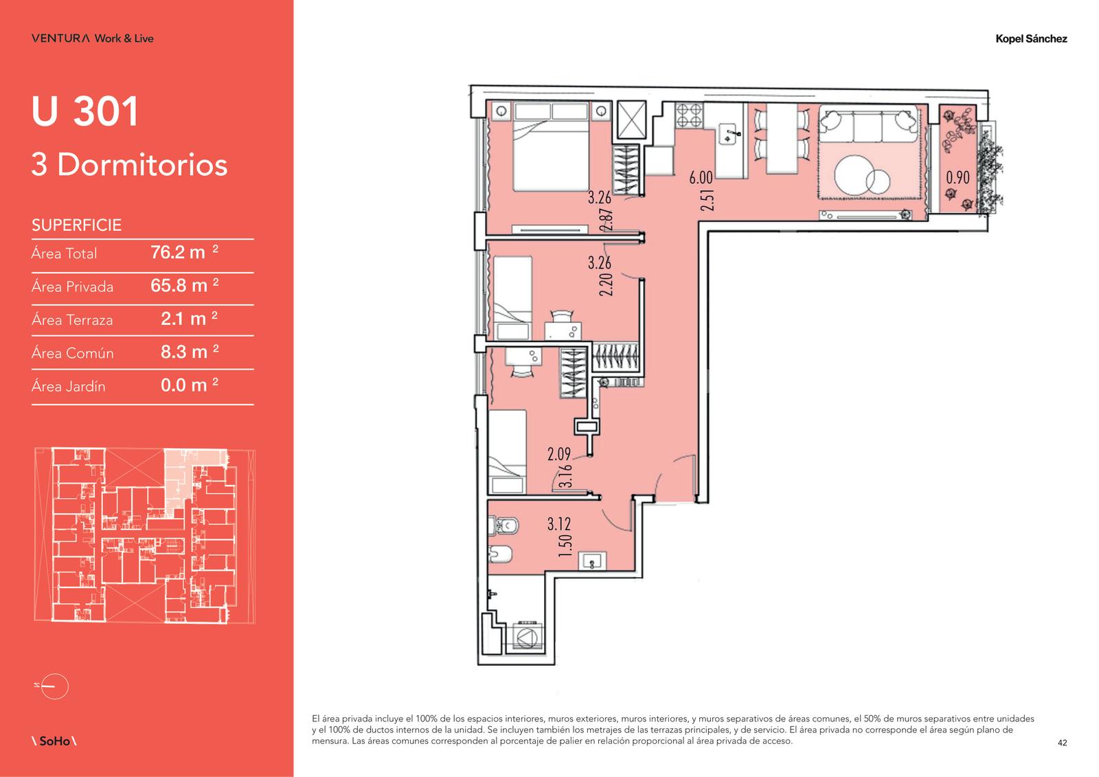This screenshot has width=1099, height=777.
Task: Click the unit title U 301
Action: point(85,111)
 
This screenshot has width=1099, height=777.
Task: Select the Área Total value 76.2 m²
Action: point(185,252)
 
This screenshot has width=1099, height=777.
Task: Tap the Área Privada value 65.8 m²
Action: point(185,285)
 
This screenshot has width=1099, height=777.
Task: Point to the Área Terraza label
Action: point(72,319)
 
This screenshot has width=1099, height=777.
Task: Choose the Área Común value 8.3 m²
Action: point(190,352)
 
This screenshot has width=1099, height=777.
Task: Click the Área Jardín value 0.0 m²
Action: point(190,385)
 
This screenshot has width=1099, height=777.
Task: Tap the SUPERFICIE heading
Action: point(76,225)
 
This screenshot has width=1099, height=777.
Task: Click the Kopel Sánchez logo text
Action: point(1031,38)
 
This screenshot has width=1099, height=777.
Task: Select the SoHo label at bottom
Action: point(54,741)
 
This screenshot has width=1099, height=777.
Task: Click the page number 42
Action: point(1062,743)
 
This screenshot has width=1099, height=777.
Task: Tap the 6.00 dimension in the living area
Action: point(701,177)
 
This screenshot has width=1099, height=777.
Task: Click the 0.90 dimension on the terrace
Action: point(958,177)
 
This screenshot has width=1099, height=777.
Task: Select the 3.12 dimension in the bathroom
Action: point(559,524)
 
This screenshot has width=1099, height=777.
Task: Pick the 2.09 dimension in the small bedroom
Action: point(559,454)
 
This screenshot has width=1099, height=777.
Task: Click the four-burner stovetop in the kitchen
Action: point(689,115)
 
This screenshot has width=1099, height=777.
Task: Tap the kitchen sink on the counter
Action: point(729,134)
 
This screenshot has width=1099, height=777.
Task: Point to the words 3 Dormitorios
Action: point(130,164)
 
